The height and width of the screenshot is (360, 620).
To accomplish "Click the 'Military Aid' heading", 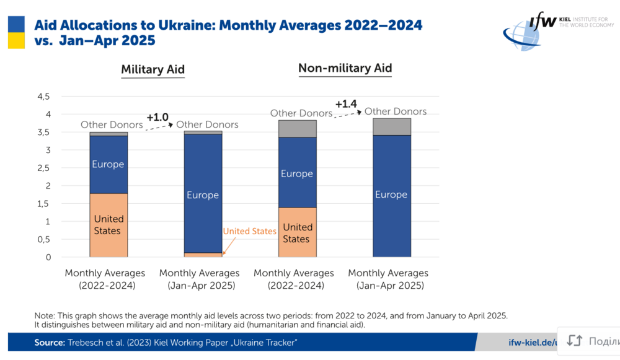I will click(153, 69).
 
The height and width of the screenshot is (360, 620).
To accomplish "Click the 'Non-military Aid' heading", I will click(345, 68).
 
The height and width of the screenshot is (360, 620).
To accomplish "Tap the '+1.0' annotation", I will click(157, 116).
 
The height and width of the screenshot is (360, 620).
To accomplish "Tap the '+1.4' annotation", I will click(346, 103).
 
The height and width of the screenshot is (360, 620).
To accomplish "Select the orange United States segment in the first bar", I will click(108, 225).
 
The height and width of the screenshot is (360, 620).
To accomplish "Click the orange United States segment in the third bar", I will click(297, 232).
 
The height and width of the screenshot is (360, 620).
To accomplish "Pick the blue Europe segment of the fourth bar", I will click(391, 195).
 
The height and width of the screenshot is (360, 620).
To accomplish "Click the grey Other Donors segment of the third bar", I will click(297, 128).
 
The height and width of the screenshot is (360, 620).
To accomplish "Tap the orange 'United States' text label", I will click(249, 231).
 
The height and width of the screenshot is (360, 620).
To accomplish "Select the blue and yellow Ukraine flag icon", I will click(16, 32).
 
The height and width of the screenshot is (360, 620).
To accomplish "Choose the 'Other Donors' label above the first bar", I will click(112, 125).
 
